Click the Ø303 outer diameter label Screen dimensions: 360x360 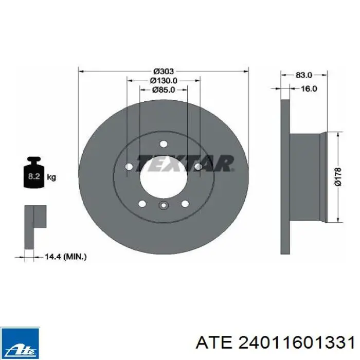point(164,71)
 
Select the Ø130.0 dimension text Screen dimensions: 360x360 point(164,81)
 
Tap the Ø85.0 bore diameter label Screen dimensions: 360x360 point(164,90)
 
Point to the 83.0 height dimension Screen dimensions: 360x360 point(304,75)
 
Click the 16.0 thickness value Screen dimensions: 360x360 point(309,88)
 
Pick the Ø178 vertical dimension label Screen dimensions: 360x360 point(338,177)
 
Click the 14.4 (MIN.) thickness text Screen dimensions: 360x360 point(65,257)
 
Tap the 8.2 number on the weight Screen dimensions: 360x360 point(34,176)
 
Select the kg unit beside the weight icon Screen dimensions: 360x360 point(51,177)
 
